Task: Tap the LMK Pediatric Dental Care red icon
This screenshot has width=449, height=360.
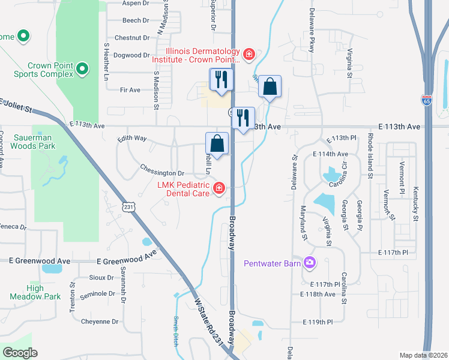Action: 219,190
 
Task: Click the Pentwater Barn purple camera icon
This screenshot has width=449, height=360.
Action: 310,262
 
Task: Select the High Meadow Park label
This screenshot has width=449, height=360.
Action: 43,292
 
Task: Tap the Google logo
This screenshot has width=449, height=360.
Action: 20,352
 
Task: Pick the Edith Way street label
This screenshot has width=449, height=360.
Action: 132,138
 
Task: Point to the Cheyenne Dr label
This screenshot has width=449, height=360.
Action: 99,321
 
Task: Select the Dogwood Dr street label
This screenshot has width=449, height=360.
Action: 131,55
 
